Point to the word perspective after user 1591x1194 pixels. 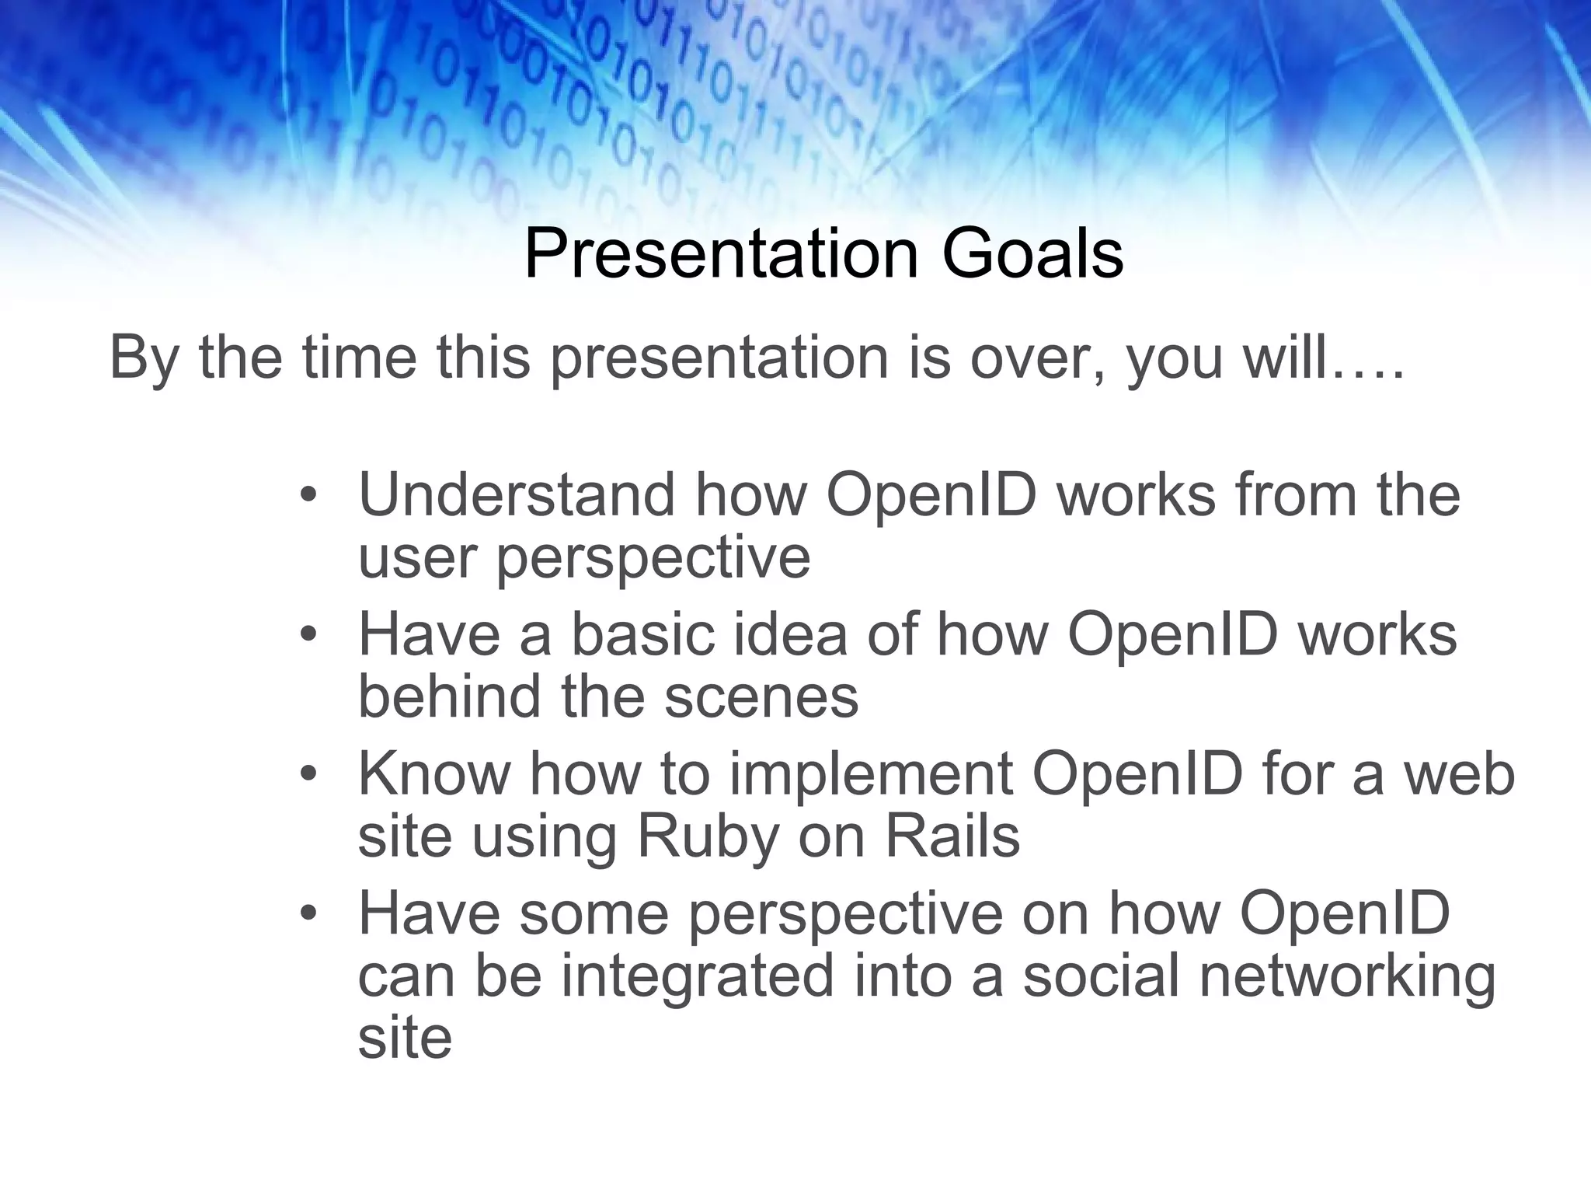653,558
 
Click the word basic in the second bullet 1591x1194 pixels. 642,634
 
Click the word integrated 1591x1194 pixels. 697,977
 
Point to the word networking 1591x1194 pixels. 1347,977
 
